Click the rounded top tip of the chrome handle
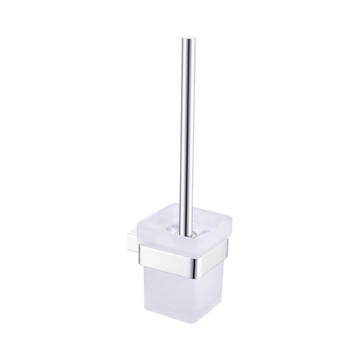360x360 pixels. pyautogui.click(x=184, y=37)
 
